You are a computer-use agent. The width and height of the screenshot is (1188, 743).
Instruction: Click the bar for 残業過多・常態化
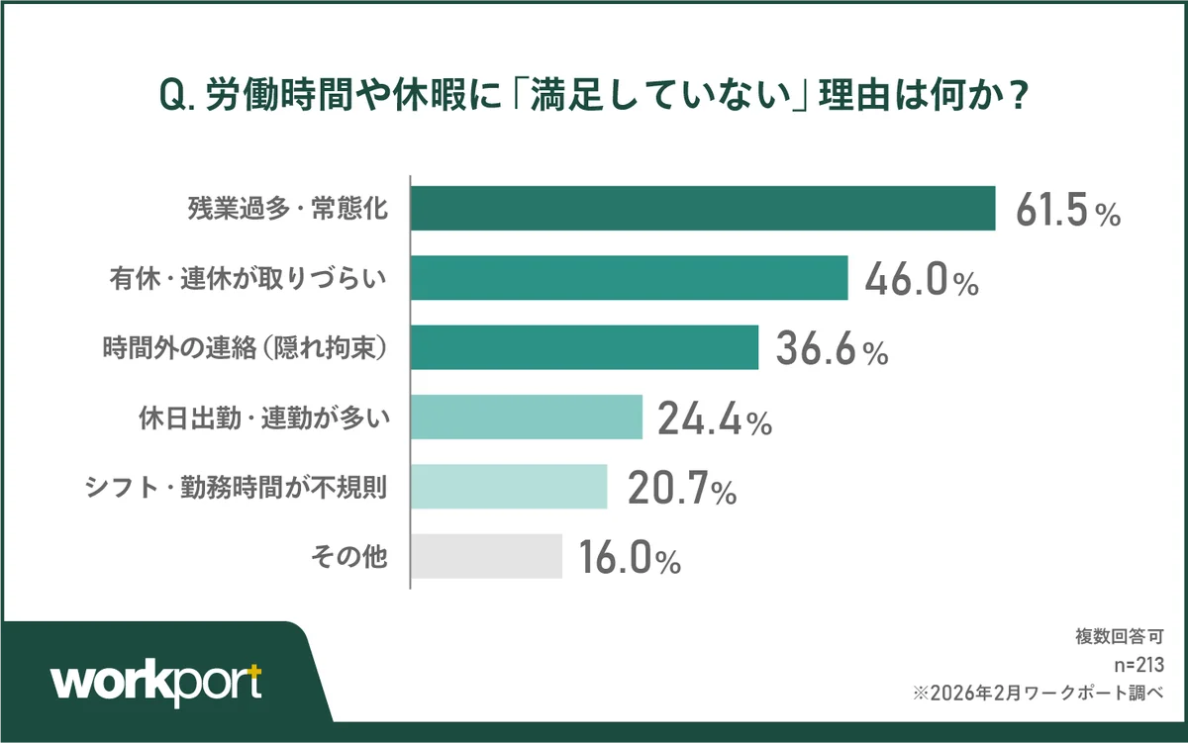(703, 208)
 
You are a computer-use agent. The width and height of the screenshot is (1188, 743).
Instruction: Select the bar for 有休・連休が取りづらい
(630, 278)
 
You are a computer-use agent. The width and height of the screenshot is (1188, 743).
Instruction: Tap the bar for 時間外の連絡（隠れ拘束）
(584, 347)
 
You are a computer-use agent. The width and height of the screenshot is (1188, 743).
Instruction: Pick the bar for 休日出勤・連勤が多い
(527, 417)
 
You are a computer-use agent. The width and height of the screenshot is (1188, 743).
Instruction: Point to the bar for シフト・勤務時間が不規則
(509, 486)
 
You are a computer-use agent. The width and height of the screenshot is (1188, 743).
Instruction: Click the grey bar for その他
(486, 556)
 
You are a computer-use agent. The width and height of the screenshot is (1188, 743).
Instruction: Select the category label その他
(348, 557)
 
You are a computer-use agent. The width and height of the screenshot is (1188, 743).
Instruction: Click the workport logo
(156, 682)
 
